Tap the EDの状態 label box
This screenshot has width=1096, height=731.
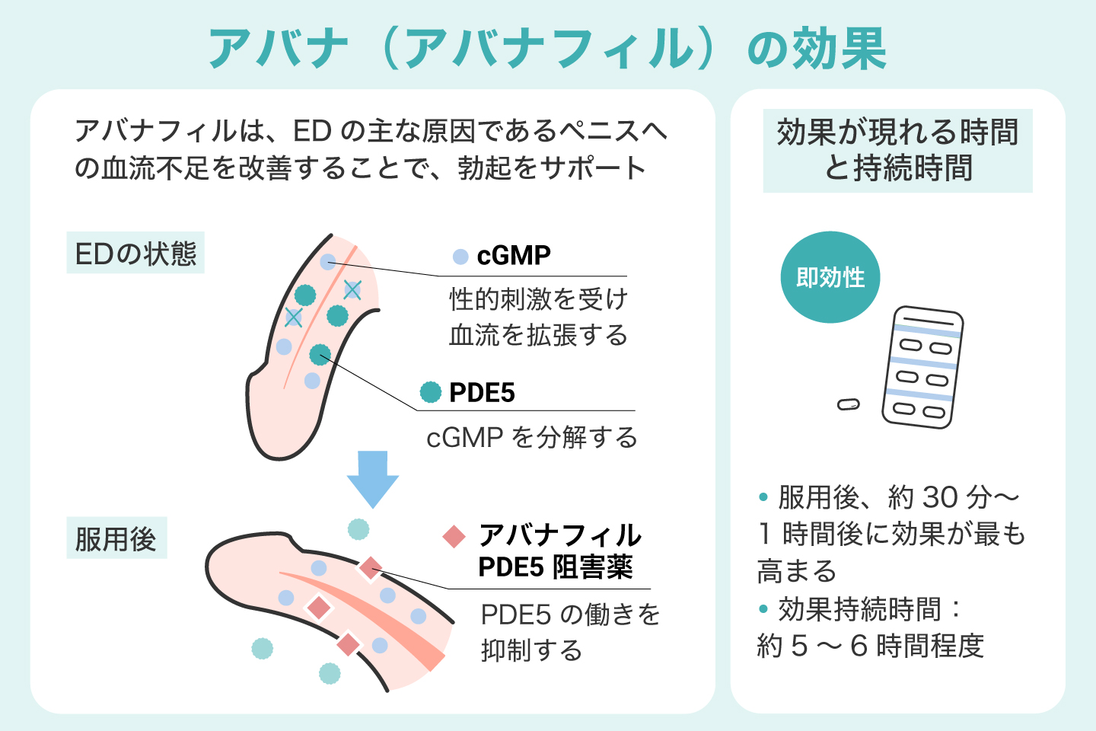point(135,253)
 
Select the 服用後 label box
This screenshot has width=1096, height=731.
point(116,538)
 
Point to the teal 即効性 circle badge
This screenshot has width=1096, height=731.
point(830,277)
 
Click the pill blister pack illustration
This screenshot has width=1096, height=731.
point(922,367)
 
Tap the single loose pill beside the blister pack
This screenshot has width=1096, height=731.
point(848,404)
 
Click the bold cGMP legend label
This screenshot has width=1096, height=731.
point(514,256)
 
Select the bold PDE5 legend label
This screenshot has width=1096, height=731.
point(482,393)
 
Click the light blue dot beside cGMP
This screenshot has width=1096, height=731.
point(460,257)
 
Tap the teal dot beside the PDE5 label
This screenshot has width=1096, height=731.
point(431,392)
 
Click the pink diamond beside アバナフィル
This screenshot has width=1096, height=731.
point(454,536)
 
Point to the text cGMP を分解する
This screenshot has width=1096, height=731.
point(532,438)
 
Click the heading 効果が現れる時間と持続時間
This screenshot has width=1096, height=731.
point(897,150)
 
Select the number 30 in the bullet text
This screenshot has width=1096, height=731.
point(939,497)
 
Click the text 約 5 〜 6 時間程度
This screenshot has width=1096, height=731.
point(871,646)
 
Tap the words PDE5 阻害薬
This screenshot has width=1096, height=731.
point(556,567)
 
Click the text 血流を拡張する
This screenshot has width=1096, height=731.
point(538,335)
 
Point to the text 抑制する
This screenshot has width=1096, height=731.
point(532,650)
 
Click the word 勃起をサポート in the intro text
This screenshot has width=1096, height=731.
point(552,168)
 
